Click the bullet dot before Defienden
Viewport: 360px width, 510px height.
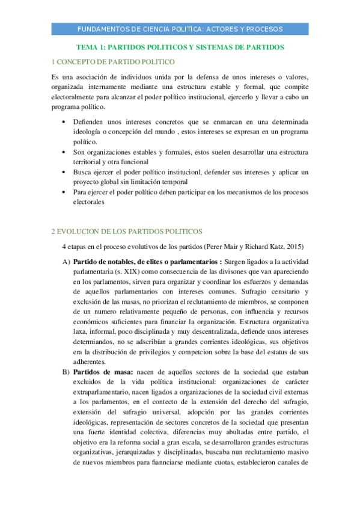tap(65, 122)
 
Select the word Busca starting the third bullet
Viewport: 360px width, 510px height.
tap(84, 172)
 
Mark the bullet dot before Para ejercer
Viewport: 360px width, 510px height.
tap(65, 192)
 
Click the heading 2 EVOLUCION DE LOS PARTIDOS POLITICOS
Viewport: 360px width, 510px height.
tap(127, 231)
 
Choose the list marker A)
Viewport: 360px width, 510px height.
tap(66, 262)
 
